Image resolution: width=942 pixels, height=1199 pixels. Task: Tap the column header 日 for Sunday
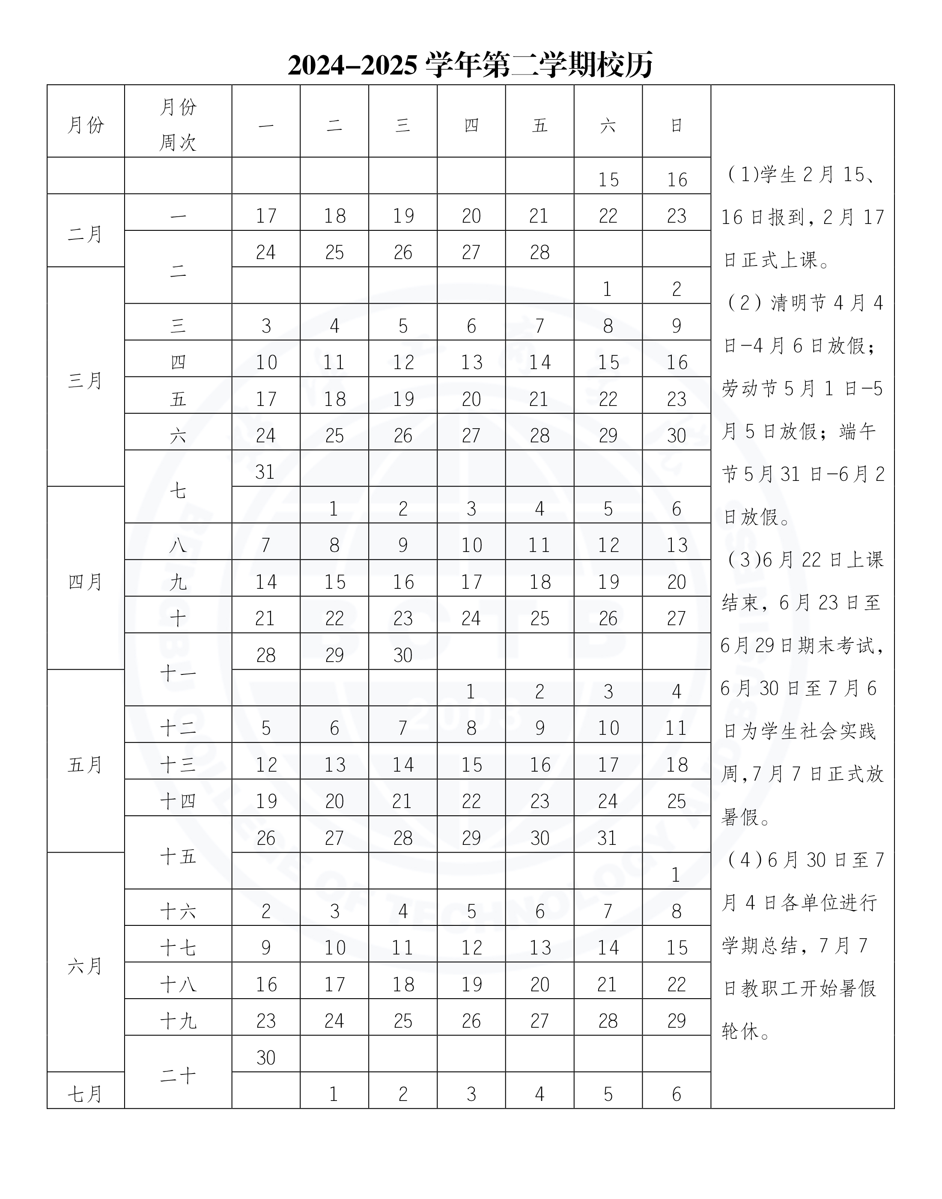pyautogui.click(x=676, y=126)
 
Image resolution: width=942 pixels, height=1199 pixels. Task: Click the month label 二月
pyautogui.click(x=86, y=234)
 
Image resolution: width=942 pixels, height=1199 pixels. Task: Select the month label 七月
pyautogui.click(x=86, y=1094)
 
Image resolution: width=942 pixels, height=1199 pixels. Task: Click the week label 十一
pyautogui.click(x=178, y=673)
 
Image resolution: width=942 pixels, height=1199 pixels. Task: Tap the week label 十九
pyautogui.click(x=178, y=1021)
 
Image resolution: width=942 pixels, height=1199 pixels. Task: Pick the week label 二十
pyautogui.click(x=178, y=1075)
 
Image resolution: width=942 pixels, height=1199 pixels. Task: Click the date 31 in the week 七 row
pyautogui.click(x=265, y=472)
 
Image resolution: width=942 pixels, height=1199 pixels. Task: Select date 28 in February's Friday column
pyautogui.click(x=540, y=253)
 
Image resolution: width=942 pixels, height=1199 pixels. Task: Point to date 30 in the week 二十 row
pyautogui.click(x=265, y=1057)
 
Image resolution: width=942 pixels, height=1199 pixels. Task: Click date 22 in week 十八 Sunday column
pyautogui.click(x=676, y=984)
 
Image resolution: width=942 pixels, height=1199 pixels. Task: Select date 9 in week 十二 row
pyautogui.click(x=540, y=728)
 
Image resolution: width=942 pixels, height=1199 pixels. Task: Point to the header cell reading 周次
pyautogui.click(x=178, y=143)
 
